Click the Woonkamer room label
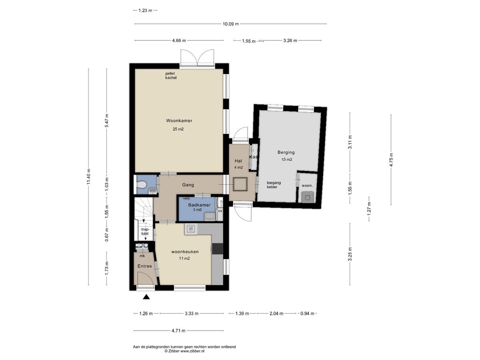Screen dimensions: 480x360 [x=179, y=120]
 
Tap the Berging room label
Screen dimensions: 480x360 [x=286, y=152]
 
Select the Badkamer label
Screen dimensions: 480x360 [x=199, y=205]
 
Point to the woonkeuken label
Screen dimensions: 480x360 [x=185, y=252]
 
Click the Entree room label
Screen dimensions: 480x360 [x=144, y=266]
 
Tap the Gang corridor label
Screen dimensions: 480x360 [x=188, y=185]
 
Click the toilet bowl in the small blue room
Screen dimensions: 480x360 [x=142, y=185]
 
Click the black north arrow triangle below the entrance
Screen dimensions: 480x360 [x=147, y=296]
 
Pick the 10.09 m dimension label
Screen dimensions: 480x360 [x=231, y=24]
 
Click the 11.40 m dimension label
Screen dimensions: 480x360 [x=89, y=177]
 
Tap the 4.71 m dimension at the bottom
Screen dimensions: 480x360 [x=179, y=330]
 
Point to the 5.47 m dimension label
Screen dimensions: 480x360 [x=106, y=120]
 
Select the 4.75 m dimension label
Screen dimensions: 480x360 [x=391, y=159]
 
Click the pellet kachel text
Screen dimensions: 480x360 [x=171, y=75]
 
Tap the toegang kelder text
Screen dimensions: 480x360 [x=274, y=185]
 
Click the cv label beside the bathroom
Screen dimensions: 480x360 [x=220, y=210]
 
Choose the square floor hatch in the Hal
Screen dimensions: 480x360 [x=240, y=184]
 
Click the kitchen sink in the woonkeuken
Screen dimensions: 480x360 [x=191, y=229]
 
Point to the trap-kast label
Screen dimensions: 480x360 [x=145, y=231]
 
